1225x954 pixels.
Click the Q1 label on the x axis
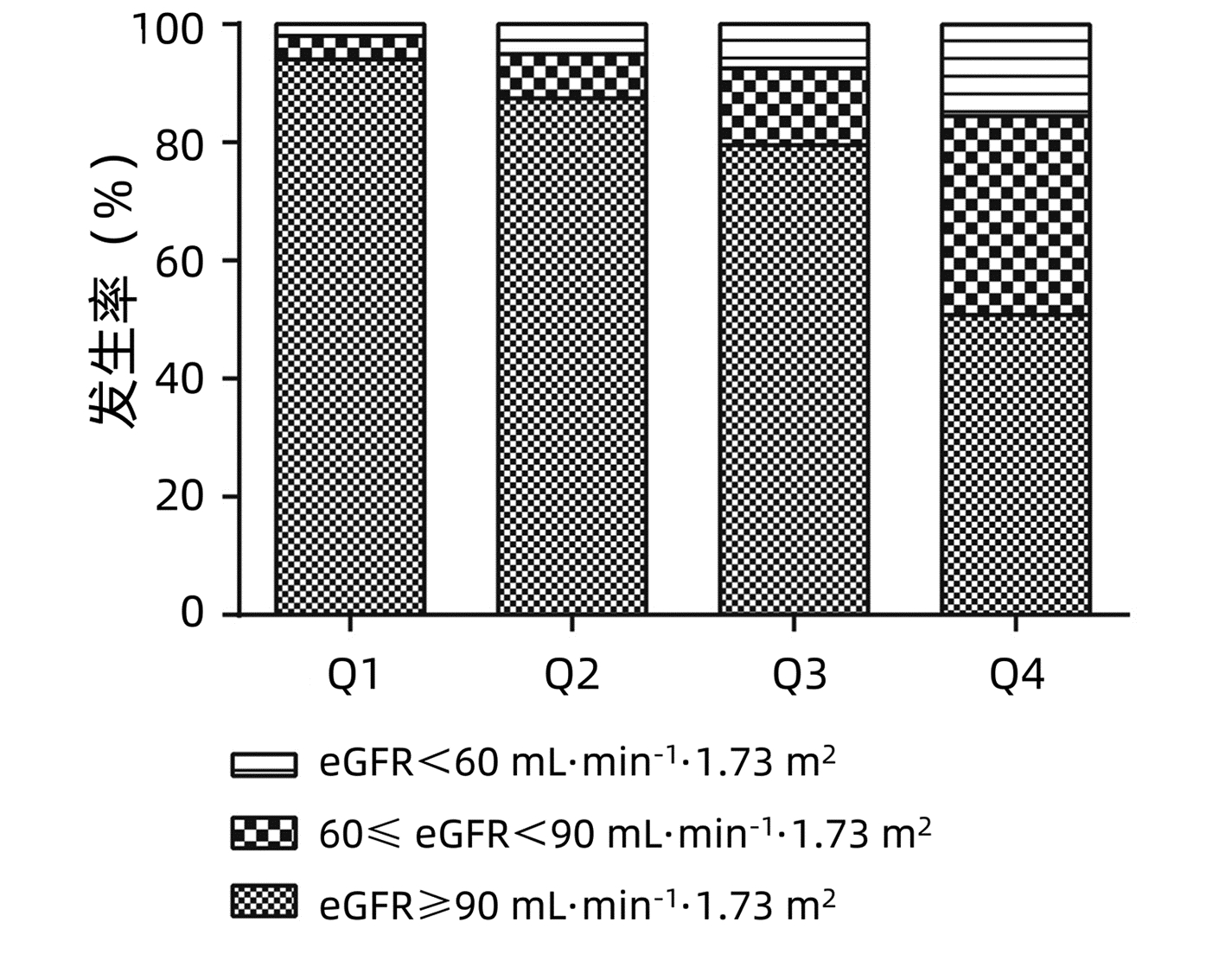click(353, 675)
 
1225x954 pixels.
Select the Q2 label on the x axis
click(571, 675)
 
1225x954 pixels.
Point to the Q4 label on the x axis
click(1017, 675)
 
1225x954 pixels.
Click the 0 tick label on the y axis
click(192, 613)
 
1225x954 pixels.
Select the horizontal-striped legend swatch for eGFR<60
click(264, 764)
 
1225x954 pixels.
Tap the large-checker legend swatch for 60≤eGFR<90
click(264, 834)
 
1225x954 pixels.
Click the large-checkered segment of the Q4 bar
click(1016, 214)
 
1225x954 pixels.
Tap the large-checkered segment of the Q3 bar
click(794, 105)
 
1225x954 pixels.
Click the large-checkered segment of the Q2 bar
click(571, 76)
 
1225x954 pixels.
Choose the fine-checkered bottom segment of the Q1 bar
click(349, 337)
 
